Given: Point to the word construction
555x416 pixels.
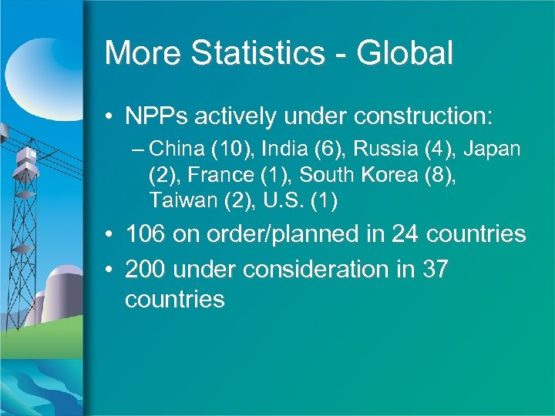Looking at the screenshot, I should [418, 117].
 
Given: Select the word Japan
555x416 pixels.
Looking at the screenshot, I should [493, 148].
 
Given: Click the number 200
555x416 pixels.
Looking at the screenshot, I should [145, 269].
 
